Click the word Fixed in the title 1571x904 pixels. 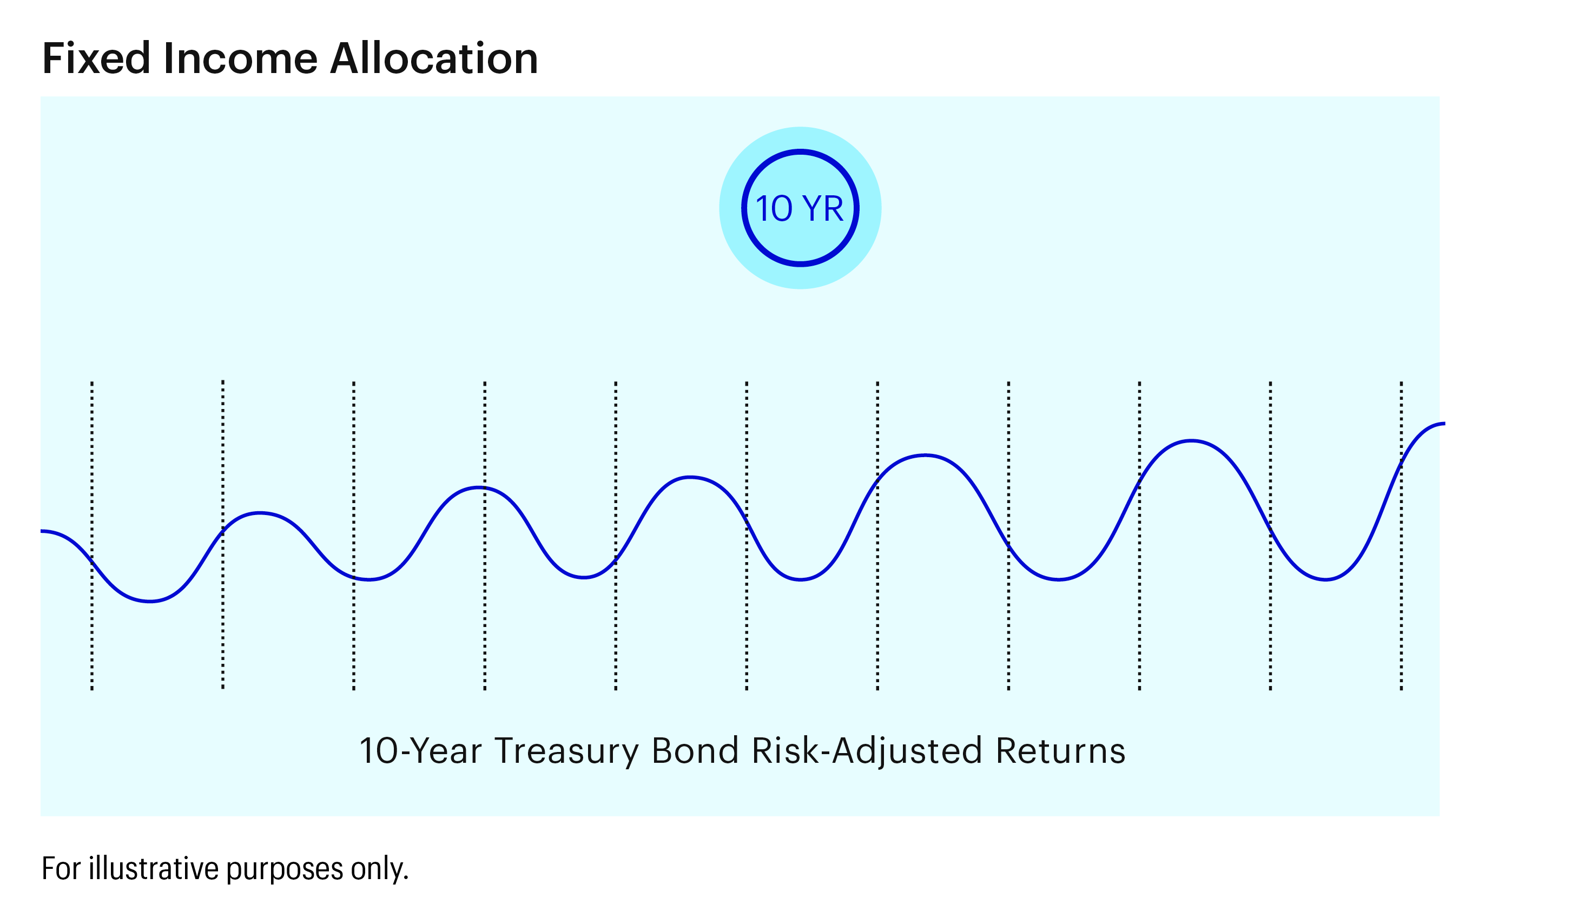click(x=96, y=58)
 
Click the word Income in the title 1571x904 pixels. click(x=241, y=58)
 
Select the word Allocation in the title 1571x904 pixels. click(x=434, y=58)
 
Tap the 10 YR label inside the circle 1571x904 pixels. click(x=800, y=209)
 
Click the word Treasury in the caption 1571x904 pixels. click(x=566, y=751)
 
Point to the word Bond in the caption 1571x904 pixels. click(x=695, y=751)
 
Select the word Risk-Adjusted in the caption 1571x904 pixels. click(x=867, y=751)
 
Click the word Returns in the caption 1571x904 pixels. click(x=1061, y=751)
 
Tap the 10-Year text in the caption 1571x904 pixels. click(x=420, y=751)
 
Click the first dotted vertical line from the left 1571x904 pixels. click(x=92, y=536)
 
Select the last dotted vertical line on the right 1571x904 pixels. click(x=1401, y=536)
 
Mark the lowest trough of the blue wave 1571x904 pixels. click(x=150, y=601)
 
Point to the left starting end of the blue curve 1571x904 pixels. click(x=42, y=531)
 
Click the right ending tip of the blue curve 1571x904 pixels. click(x=1444, y=424)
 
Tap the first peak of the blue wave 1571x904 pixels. click(x=260, y=513)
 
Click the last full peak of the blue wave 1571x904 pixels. click(x=1191, y=441)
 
